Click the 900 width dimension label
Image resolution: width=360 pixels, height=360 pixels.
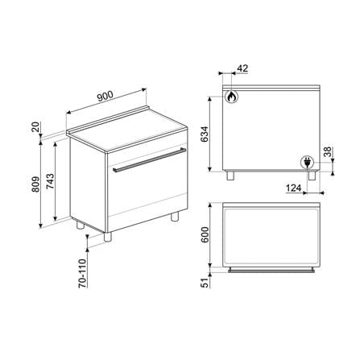coord(106,96)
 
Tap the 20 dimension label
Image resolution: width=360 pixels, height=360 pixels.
coord(36,126)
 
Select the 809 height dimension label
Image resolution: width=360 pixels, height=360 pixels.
coord(35,184)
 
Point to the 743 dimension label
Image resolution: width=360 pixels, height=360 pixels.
coord(50,182)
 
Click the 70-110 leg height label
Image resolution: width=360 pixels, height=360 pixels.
coord(83,274)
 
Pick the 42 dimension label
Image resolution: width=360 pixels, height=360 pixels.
coord(242,68)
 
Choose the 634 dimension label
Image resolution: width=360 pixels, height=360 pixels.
coord(205,134)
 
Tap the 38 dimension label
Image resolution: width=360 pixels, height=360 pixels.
coord(328,152)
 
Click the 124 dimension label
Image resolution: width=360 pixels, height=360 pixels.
coord(293,188)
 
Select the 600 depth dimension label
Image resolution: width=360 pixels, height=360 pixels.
coord(205,235)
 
